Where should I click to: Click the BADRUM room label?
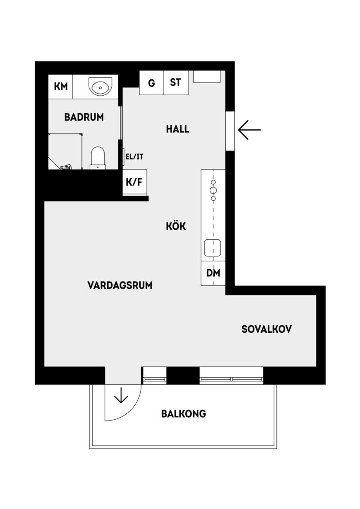click(84, 117)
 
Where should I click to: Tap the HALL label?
click(177, 129)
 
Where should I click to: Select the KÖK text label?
click(176, 226)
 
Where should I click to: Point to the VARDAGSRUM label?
click(120, 285)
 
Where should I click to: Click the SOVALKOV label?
click(266, 329)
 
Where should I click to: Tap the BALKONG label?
click(183, 414)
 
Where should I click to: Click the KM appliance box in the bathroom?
click(61, 86)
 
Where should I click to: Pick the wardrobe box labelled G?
click(151, 83)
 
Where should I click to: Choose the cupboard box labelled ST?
click(175, 82)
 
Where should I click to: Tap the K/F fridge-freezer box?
click(134, 182)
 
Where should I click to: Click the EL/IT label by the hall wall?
click(134, 157)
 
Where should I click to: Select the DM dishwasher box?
click(213, 273)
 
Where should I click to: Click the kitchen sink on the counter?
click(213, 248)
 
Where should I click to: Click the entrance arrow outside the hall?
click(249, 130)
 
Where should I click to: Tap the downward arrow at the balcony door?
click(121, 396)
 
